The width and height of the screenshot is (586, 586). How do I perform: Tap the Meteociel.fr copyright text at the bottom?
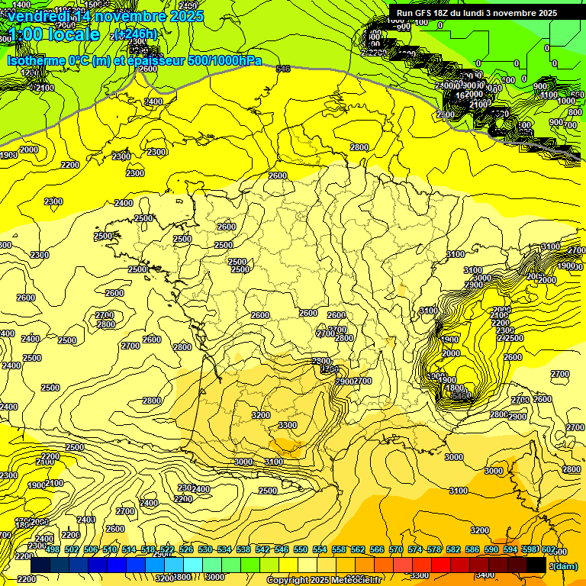tap(324, 580)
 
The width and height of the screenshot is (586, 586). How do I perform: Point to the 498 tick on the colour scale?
tap(52, 549)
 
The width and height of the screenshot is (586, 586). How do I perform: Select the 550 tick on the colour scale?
tap(301, 549)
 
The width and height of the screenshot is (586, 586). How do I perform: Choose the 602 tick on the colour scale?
tap(548, 549)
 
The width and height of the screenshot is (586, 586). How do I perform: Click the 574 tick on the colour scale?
tap(415, 549)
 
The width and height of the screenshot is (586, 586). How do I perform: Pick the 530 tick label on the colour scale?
tap(205, 549)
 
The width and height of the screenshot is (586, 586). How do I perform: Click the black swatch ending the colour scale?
tap(536, 565)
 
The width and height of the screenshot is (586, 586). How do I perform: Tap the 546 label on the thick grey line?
tap(283, 69)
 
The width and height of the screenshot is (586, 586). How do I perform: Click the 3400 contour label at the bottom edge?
tap(484, 575)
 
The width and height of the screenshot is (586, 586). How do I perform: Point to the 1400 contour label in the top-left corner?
tap(21, 5)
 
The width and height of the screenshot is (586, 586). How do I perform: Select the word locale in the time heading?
tap(72, 34)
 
